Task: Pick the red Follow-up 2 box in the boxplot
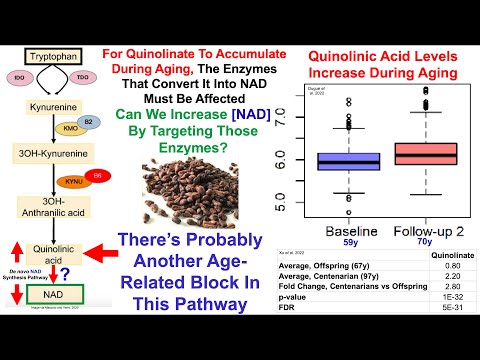426,153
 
